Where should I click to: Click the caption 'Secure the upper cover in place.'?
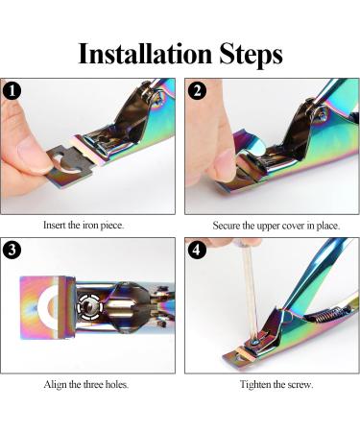tap(273, 226)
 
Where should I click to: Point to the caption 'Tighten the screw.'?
tap(273, 384)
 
